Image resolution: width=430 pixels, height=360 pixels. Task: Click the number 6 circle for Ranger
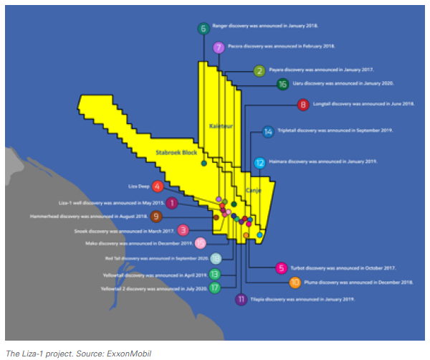coord(204,29)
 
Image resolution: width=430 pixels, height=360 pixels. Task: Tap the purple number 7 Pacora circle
coord(219,49)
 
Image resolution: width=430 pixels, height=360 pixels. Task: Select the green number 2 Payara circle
coord(259,71)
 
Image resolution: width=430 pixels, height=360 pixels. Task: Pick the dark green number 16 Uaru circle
coord(282,84)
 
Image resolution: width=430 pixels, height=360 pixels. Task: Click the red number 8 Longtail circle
coord(304,105)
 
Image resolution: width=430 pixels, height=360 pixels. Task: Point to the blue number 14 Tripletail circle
coord(268,132)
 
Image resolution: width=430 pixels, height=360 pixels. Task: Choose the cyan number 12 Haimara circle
coord(260,163)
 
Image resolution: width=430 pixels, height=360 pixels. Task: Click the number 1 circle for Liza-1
coord(171,204)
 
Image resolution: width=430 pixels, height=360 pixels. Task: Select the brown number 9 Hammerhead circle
coord(156,217)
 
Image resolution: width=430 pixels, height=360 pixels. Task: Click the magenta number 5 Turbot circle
coord(281,268)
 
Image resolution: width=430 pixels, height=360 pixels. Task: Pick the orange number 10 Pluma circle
coord(295,283)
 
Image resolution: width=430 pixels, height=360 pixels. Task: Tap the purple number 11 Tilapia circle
coord(242,300)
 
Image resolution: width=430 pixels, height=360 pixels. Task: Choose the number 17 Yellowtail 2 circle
coord(215,288)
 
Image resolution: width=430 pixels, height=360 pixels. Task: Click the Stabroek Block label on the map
coord(176,153)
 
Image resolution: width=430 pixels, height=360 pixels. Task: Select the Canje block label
coord(254,190)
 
